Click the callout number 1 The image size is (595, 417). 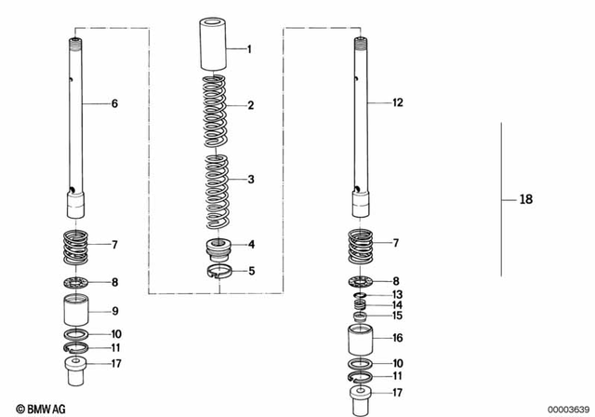pyautogui.click(x=248, y=47)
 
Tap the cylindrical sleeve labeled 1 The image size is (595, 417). pyautogui.click(x=215, y=43)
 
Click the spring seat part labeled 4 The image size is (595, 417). pyautogui.click(x=218, y=248)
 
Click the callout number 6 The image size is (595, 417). pyautogui.click(x=114, y=104)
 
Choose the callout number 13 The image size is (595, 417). pyautogui.click(x=397, y=294)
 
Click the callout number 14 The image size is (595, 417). pyautogui.click(x=397, y=304)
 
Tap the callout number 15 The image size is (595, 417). pyautogui.click(x=397, y=316)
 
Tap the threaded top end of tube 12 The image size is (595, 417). pyautogui.click(x=360, y=43)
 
